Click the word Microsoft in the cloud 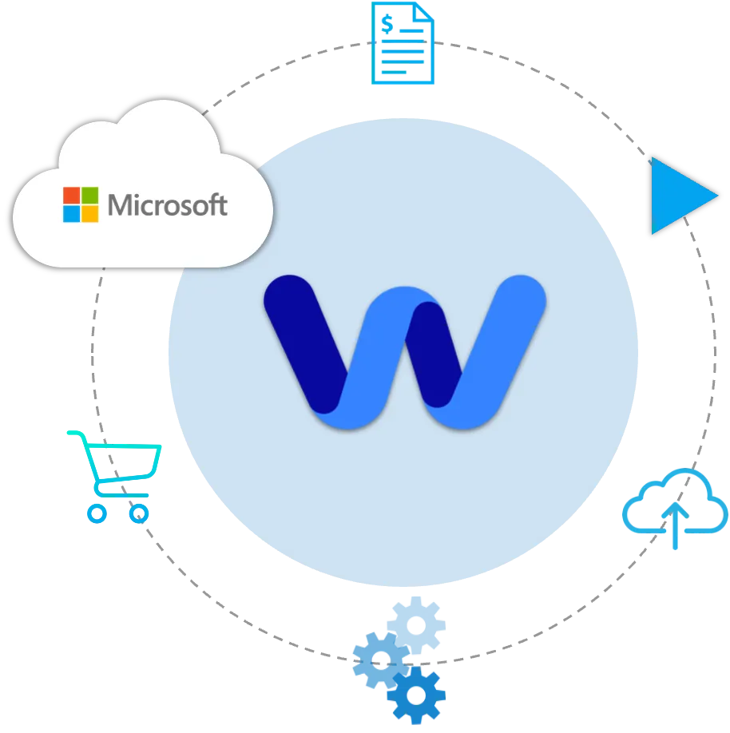click(168, 205)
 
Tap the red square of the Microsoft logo click(72, 196)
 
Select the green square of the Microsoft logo click(89, 196)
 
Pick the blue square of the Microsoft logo click(72, 213)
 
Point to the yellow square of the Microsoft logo click(89, 213)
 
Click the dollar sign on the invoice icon click(387, 25)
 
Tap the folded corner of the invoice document click(424, 12)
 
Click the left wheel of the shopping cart click(97, 513)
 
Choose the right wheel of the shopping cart click(139, 513)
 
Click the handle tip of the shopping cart click(69, 434)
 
